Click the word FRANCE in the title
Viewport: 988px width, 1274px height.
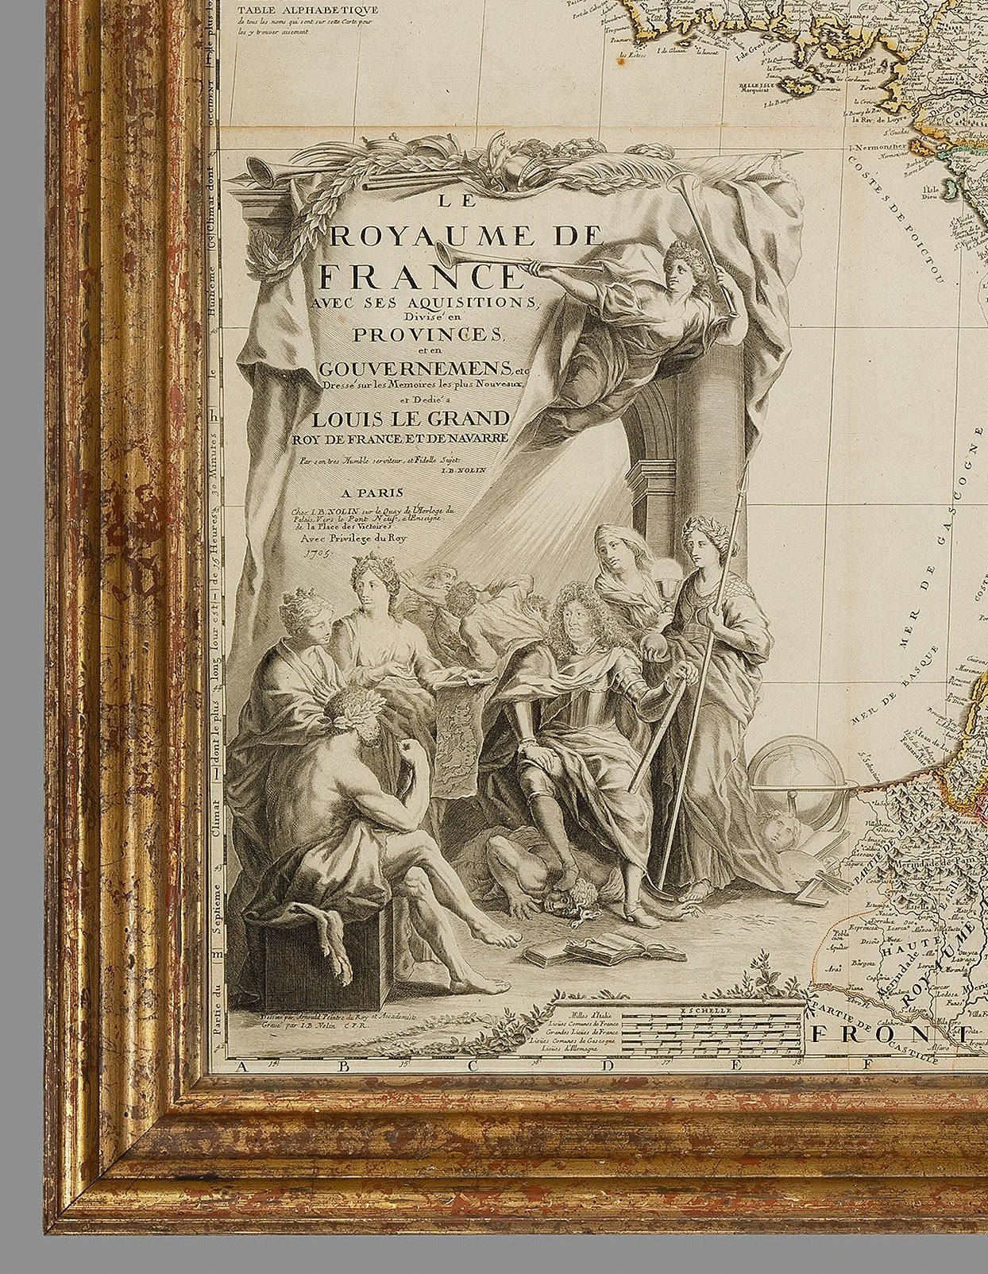[x=418, y=276]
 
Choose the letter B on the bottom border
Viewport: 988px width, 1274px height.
[x=344, y=1067]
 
